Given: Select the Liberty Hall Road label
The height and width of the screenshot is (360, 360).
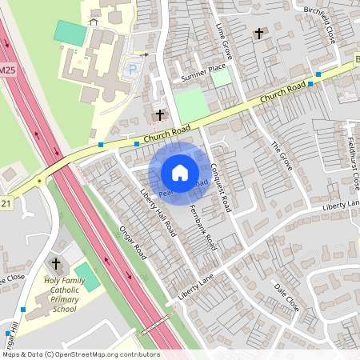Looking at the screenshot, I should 158,211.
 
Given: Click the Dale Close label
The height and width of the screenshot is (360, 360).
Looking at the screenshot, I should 286,297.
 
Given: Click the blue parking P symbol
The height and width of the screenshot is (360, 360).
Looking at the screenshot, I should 132,70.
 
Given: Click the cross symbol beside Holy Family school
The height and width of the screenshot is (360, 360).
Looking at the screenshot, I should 56,263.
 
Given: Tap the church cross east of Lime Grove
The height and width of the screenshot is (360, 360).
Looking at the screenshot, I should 258,34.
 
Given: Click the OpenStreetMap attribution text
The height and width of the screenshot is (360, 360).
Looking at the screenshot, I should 80,354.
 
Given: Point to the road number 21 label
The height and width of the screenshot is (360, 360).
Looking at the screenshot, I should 7,203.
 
